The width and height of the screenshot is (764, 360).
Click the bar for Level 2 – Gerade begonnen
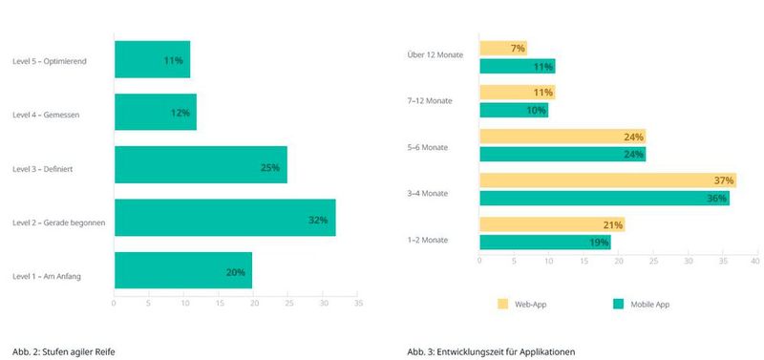pos(224,219)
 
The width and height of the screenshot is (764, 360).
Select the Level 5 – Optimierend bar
pos(152,59)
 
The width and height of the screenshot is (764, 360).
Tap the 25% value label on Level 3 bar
pos(269,167)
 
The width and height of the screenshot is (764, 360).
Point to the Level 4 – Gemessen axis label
pos(47,115)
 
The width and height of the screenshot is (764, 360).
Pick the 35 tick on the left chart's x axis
pos(358,304)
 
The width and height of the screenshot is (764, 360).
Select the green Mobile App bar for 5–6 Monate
pos(562,154)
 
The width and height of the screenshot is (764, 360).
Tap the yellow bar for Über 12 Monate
pos(502,48)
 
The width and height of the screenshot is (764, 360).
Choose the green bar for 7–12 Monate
pos(513,110)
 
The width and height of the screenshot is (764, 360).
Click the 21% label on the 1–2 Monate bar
pos(612,225)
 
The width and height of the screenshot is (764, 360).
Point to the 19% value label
pos(599,243)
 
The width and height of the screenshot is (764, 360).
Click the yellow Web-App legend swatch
pos(502,304)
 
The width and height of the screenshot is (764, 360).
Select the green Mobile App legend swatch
pos(619,304)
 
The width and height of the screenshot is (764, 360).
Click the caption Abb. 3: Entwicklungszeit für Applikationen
pos(491,351)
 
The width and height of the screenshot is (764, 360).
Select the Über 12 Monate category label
pos(435,55)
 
